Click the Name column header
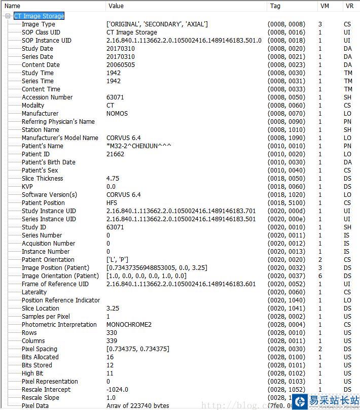coord(12,6)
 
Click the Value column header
coord(116,6)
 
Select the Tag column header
coord(275,6)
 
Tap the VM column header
coord(325,6)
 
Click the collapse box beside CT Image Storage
coord(8,16)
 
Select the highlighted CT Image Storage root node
coord(39,16)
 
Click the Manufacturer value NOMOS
coord(117,114)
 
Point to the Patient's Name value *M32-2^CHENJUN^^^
coord(138,146)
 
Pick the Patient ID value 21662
coord(115,154)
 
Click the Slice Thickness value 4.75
coord(113,179)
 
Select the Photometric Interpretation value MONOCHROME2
coord(129,325)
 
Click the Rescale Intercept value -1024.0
coord(117,390)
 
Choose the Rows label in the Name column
coord(29,333)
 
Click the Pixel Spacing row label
coord(40,349)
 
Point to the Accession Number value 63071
coord(115,97)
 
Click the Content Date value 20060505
coord(120,65)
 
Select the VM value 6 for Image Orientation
coord(320,276)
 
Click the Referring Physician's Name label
coord(58,122)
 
